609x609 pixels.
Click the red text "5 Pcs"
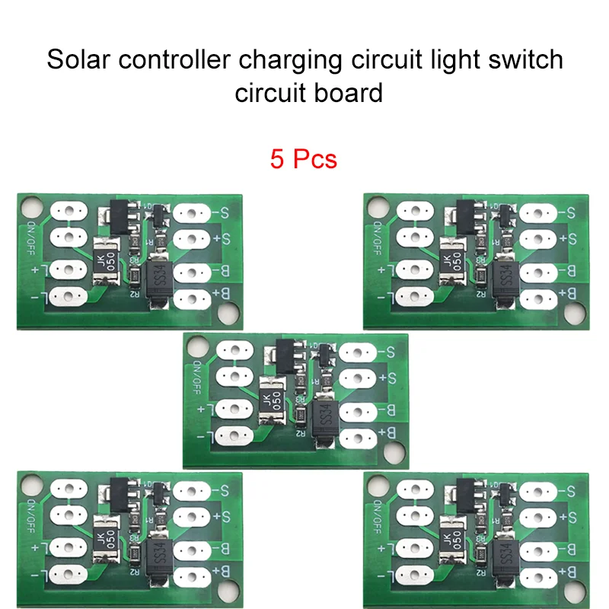[x=303, y=159]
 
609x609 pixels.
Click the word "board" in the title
[x=349, y=94]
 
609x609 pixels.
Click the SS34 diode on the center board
[x=323, y=415]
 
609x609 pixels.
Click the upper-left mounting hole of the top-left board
[x=30, y=206]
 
